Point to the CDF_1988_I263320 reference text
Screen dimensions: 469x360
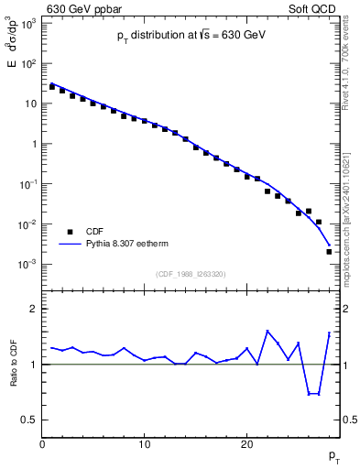click(191, 273)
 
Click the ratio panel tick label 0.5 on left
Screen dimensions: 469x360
click(28, 420)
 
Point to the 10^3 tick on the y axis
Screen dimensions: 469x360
click(27, 22)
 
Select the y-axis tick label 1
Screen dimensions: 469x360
click(34, 144)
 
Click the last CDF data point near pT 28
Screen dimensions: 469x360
click(328, 251)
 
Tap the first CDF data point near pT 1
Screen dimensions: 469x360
click(52, 87)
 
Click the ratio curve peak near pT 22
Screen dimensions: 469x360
click(267, 332)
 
